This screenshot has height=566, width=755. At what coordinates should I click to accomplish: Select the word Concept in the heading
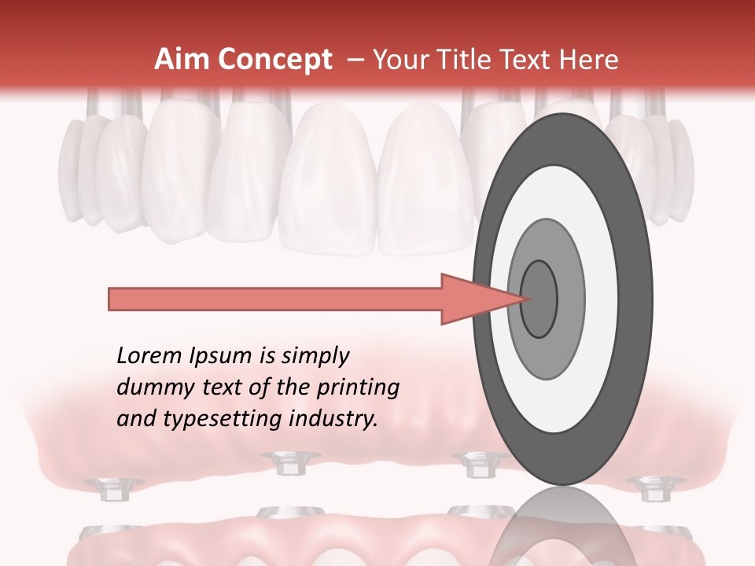pos(274,60)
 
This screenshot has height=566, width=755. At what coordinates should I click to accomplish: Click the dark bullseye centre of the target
pos(540,299)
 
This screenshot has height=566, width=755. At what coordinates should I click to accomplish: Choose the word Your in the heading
pos(396,60)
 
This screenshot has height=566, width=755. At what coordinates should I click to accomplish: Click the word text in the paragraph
pos(227,388)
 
